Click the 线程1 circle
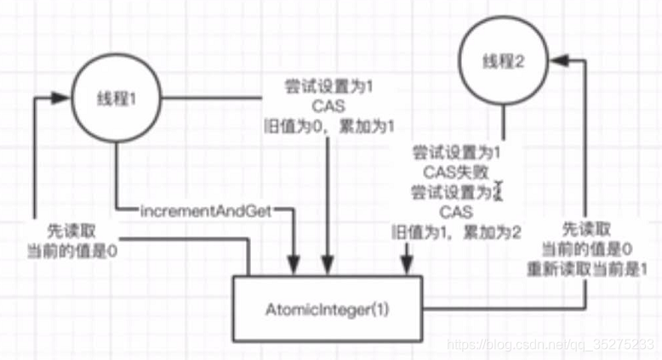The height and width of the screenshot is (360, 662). (x=116, y=100)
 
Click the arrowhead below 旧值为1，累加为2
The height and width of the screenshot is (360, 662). (x=407, y=260)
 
